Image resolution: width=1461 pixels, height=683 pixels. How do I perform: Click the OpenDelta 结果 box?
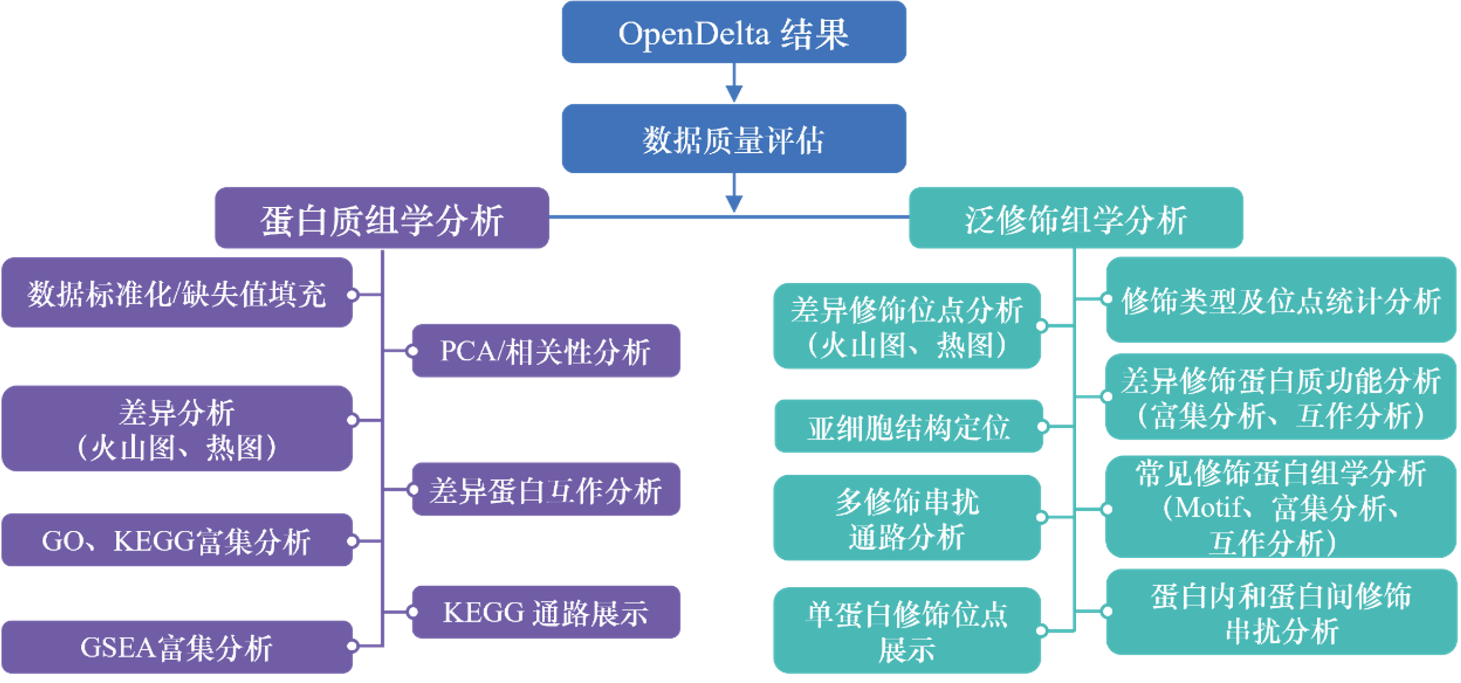pyautogui.click(x=734, y=33)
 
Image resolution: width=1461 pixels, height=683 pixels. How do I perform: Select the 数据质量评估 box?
pyautogui.click(x=734, y=139)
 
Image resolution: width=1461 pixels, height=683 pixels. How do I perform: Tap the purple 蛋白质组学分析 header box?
pyautogui.click(x=381, y=219)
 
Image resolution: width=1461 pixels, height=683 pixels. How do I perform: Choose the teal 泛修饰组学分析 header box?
pyautogui.click(x=1075, y=219)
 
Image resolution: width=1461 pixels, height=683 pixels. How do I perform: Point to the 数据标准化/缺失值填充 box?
pyautogui.click(x=177, y=293)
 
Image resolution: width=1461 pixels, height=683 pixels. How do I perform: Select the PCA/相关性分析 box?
pyautogui.click(x=546, y=351)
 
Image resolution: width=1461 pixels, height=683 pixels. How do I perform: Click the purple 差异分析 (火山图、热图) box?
pyautogui.click(x=177, y=429)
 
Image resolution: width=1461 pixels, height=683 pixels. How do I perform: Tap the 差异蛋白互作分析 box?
pyautogui.click(x=546, y=490)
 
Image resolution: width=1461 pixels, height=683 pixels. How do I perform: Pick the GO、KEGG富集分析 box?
pyautogui.click(x=177, y=541)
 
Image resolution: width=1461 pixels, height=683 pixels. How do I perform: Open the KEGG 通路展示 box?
pyautogui.click(x=546, y=612)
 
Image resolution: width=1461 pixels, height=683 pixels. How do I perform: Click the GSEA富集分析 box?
pyautogui.click(x=177, y=647)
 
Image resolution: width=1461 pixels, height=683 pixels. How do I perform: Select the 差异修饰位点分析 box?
pyautogui.click(x=906, y=326)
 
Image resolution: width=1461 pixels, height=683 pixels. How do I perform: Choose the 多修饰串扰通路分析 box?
pyautogui.click(x=906, y=518)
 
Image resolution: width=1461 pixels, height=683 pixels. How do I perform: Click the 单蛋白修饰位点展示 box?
pyautogui.click(x=906, y=630)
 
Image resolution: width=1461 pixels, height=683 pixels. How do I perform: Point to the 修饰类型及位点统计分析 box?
pyautogui.click(x=1281, y=300)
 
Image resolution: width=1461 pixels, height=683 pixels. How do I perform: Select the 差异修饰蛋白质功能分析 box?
pyautogui.click(x=1281, y=396)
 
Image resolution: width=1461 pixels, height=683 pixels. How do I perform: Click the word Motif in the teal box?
pyautogui.click(x=1209, y=507)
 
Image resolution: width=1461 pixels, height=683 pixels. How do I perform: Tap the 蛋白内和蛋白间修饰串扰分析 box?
pyautogui.click(x=1281, y=612)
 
